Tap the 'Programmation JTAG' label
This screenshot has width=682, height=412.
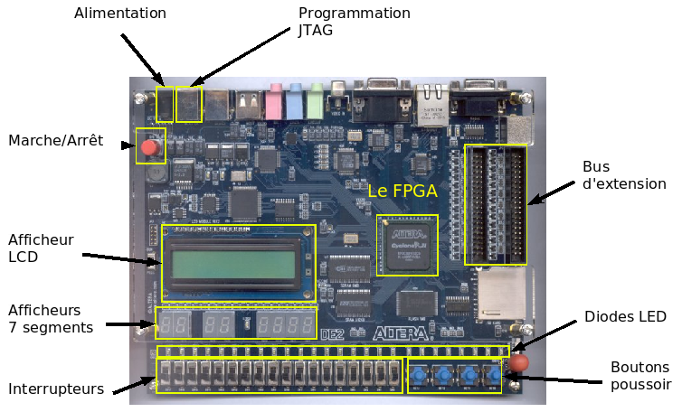355,22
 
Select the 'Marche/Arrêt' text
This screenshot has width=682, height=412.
56,141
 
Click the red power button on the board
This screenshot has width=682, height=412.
149,146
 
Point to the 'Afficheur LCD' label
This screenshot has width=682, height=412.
41,248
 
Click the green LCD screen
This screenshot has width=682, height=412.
238,264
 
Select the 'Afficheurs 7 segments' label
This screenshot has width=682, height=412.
50,318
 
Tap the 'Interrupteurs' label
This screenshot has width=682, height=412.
56,389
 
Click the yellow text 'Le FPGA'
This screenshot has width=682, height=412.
402,192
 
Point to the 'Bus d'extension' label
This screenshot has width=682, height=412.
624,175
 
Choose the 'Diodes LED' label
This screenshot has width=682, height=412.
625,316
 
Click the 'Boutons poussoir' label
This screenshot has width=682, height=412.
640,376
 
